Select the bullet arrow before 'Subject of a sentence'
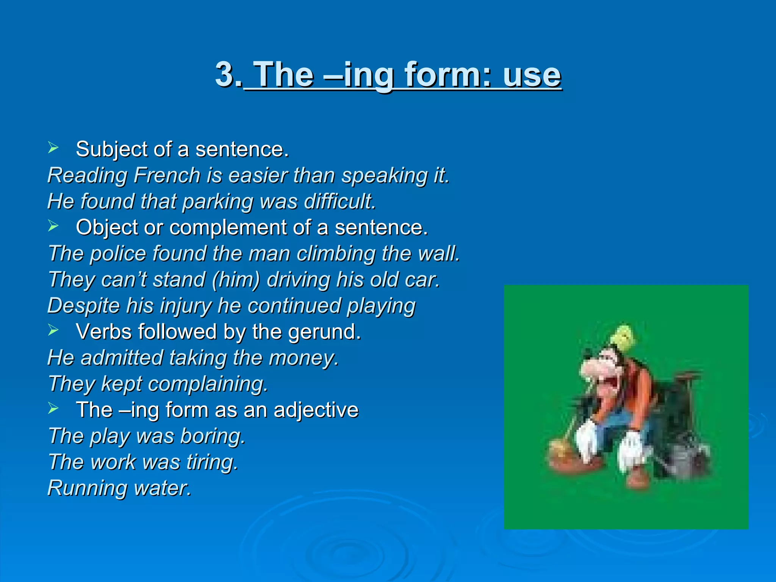point(53,148)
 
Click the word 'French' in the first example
point(167,175)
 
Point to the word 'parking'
point(217,202)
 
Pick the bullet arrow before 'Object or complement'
point(53,226)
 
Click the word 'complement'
point(227,228)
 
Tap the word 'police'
point(118,253)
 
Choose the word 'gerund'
point(324,332)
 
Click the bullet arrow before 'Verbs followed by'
point(53,330)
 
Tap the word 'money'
point(303,358)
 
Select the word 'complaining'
point(208,384)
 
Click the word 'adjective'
point(316,410)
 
